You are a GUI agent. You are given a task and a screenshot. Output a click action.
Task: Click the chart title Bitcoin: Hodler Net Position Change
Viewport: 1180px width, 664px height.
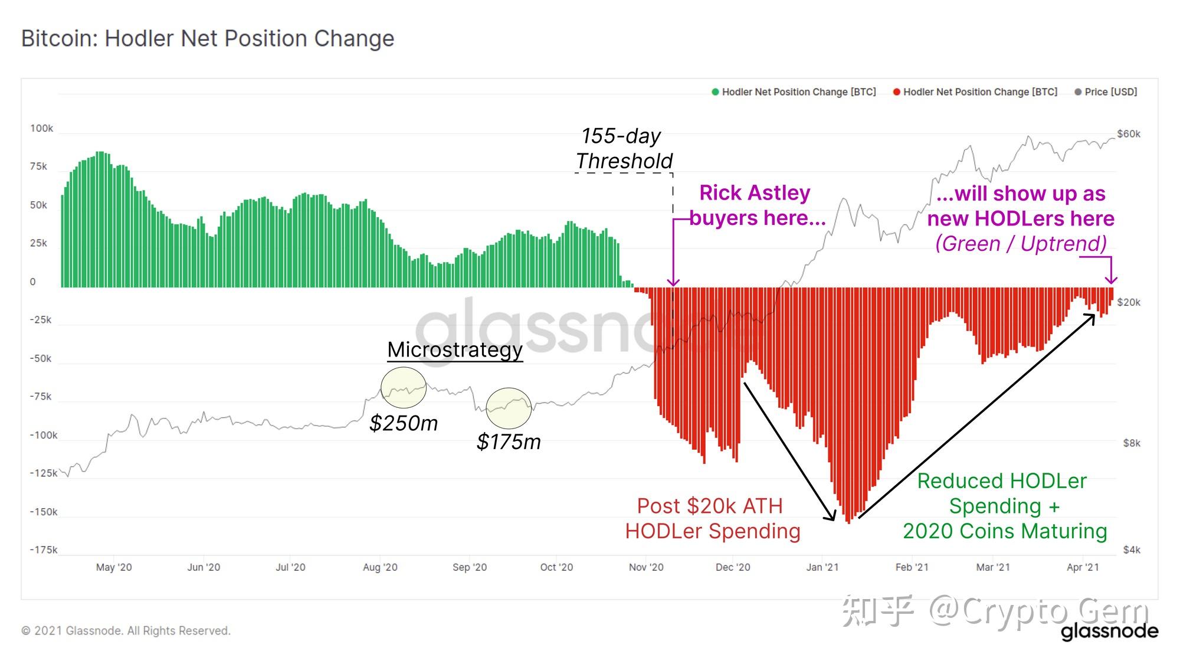tap(208, 38)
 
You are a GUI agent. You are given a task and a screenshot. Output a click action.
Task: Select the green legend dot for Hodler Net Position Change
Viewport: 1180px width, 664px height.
tap(715, 92)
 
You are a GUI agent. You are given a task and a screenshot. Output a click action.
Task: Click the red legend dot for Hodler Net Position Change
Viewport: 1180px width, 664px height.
tap(896, 92)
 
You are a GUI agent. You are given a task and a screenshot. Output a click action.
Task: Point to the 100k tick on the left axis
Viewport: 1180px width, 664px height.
tap(41, 129)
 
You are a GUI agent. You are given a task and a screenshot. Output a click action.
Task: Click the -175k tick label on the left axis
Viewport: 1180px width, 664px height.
tap(44, 550)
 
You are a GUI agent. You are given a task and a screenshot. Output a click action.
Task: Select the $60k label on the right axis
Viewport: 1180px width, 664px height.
tap(1128, 134)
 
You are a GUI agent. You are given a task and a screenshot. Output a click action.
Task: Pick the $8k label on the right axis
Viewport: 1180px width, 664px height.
tap(1131, 443)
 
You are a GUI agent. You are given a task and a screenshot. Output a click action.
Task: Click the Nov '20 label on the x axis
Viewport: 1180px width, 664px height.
tap(645, 567)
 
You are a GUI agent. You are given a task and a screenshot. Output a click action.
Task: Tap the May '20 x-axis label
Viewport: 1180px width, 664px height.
tap(114, 567)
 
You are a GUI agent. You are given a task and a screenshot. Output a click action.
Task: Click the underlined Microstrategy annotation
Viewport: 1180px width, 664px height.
tap(454, 349)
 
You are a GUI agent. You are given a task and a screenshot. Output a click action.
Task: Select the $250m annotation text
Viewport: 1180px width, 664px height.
tap(404, 423)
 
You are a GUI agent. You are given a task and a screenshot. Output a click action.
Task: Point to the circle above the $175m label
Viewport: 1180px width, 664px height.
tap(509, 408)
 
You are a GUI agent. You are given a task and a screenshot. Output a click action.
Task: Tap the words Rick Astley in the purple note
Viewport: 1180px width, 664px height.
tap(755, 193)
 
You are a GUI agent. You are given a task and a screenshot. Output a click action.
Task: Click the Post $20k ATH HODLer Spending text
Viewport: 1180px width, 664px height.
tap(712, 518)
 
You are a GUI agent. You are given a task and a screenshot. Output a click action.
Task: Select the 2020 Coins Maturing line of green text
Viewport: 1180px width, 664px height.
tap(1004, 531)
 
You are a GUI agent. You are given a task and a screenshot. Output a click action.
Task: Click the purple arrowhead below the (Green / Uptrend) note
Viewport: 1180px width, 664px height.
tap(1111, 279)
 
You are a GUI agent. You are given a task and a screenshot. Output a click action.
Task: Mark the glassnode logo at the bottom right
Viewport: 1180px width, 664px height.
tap(1109, 632)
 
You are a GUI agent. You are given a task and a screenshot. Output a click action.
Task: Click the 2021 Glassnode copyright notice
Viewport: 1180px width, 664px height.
tap(126, 631)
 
